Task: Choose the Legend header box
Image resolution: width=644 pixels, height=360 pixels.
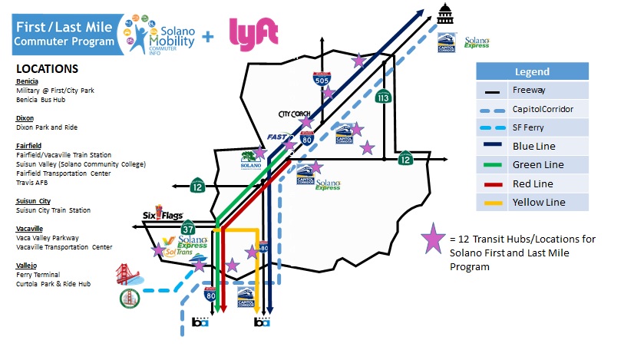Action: [531, 72]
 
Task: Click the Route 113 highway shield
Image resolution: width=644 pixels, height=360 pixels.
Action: [382, 97]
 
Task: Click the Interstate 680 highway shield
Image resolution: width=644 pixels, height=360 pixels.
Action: [264, 248]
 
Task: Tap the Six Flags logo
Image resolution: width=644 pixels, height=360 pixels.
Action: [157, 215]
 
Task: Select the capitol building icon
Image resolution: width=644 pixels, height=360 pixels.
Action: [446, 14]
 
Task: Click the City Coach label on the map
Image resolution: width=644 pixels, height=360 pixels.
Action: [294, 114]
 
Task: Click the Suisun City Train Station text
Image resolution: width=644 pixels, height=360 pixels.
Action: [53, 210]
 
